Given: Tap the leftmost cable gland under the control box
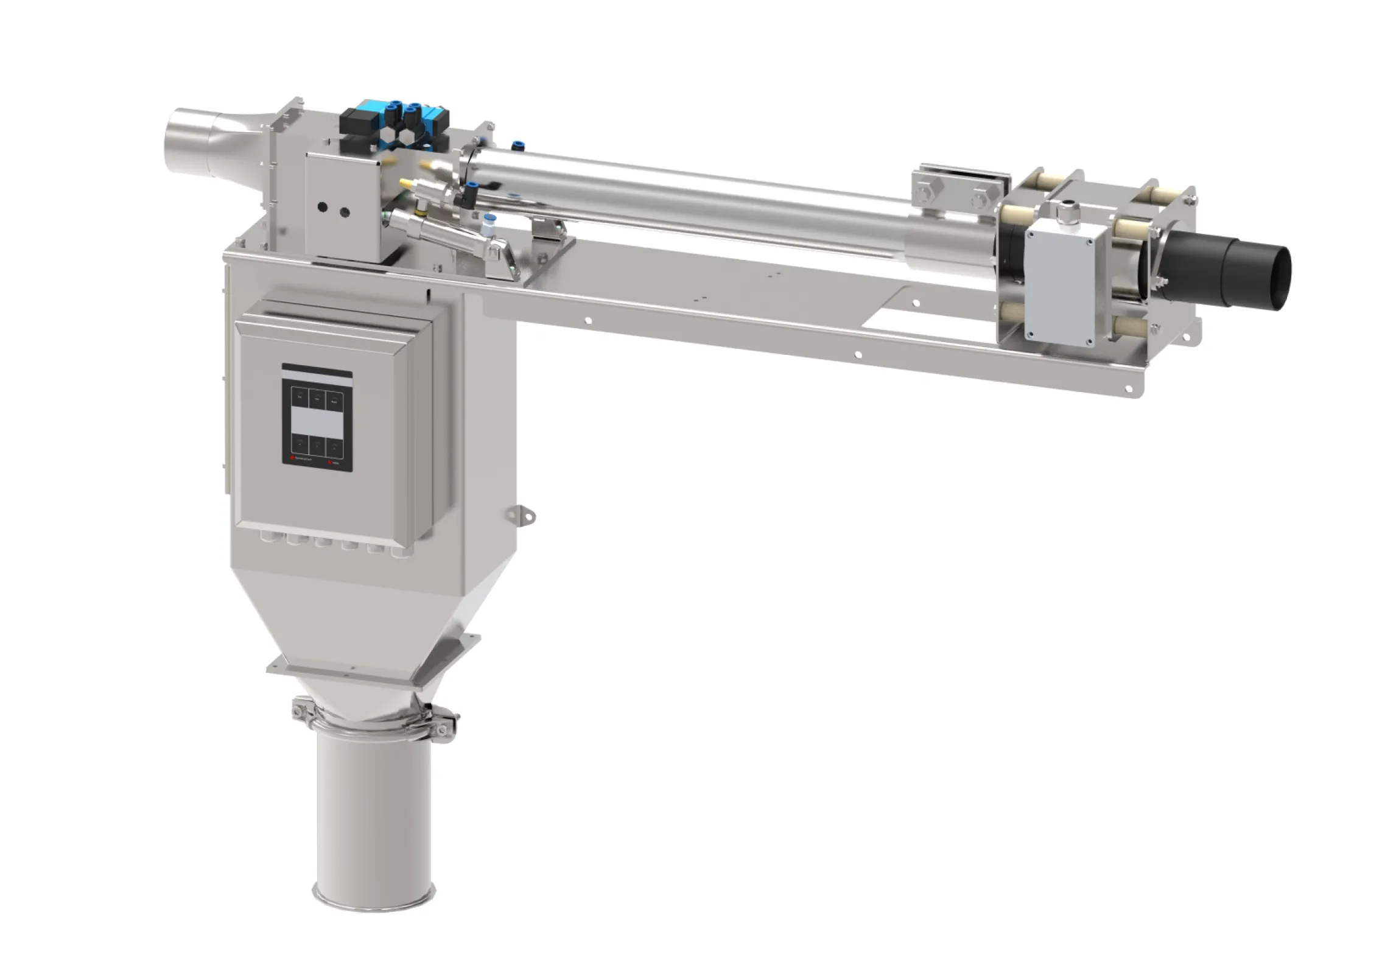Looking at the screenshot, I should tap(265, 538).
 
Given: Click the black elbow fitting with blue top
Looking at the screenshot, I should tap(466, 195).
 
